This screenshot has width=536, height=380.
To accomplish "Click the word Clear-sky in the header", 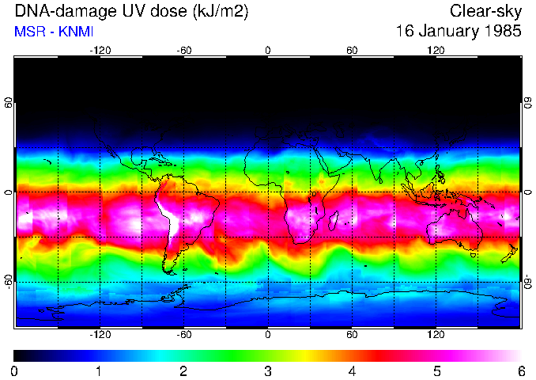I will click(x=485, y=11).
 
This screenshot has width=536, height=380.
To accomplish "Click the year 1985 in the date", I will click(x=496, y=32).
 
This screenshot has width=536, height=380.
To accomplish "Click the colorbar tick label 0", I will click(x=15, y=370).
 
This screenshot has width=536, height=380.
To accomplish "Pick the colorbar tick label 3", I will click(x=268, y=370).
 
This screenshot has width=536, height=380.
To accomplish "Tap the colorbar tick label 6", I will click(x=520, y=370).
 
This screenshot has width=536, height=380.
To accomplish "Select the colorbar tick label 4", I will click(x=352, y=370).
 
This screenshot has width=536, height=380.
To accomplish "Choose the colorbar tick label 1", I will click(x=99, y=370).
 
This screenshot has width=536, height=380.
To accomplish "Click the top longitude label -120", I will click(x=100, y=50).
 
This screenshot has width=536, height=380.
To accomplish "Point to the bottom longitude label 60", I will click(x=352, y=334).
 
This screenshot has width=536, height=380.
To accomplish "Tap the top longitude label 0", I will click(x=268, y=50).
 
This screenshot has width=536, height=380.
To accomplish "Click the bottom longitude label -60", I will click(x=183, y=334).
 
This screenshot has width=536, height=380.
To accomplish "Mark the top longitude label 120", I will click(x=436, y=50).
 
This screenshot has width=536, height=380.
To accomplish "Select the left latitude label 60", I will click(x=9, y=103).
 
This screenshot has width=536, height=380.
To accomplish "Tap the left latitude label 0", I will click(x=9, y=192).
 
